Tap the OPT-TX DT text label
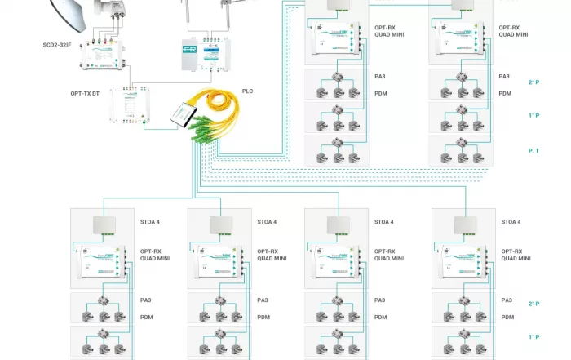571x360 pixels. click(x=86, y=94)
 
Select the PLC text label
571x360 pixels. click(x=247, y=91)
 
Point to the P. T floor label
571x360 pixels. click(x=533, y=151)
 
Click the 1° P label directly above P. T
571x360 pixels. click(x=533, y=115)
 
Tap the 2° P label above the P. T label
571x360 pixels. click(x=533, y=82)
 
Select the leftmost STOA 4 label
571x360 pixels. click(x=150, y=222)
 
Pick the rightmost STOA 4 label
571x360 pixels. click(x=511, y=222)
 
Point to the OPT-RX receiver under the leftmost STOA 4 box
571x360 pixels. click(x=103, y=264)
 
